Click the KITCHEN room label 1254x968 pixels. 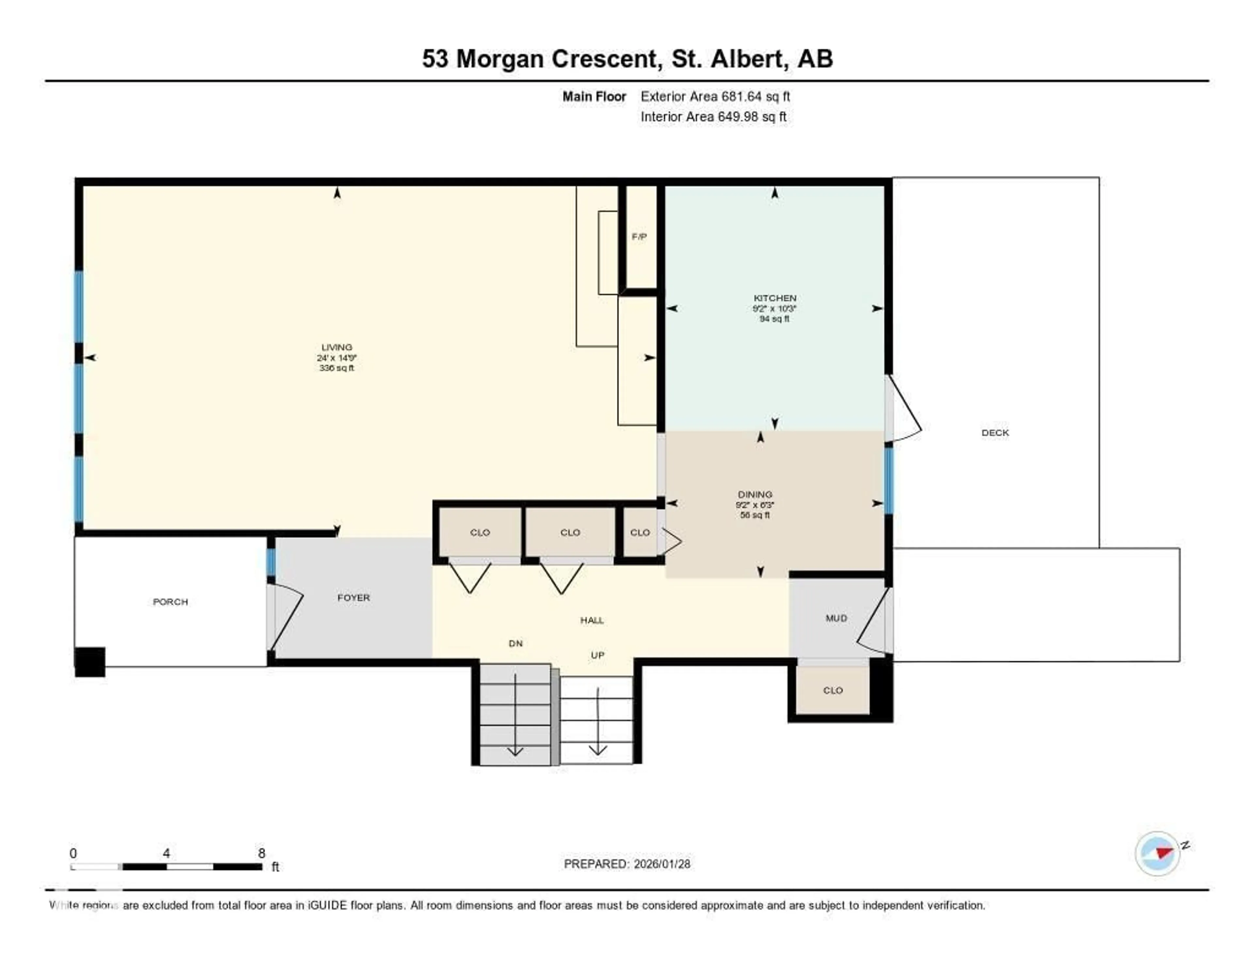775,298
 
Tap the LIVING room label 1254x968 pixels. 336,347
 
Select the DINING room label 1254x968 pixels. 754,494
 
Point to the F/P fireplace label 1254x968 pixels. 639,236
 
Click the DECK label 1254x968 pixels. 994,433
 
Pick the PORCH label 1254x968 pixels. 170,601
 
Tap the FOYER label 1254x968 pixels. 353,597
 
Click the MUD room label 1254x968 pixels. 836,618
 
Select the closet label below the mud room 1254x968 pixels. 832,690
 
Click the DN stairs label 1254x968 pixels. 515,643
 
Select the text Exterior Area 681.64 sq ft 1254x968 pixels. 715,96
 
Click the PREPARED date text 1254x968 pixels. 626,864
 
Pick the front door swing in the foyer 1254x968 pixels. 285,617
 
